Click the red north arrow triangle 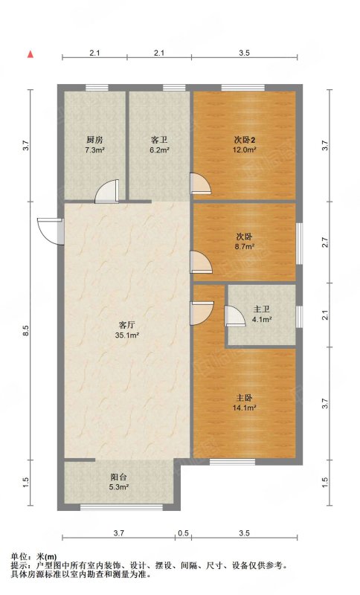[x=30, y=54]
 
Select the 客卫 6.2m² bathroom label [x=159, y=144]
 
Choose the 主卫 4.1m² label [x=262, y=314]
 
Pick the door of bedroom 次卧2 [x=200, y=184]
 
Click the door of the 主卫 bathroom [x=235, y=316]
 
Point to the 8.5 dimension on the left [x=25, y=331]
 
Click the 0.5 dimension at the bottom [x=183, y=533]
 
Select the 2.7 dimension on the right [x=325, y=242]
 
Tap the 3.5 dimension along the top [x=244, y=53]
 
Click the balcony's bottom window [x=121, y=507]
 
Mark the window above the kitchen [x=97, y=88]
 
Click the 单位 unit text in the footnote [x=19, y=556]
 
